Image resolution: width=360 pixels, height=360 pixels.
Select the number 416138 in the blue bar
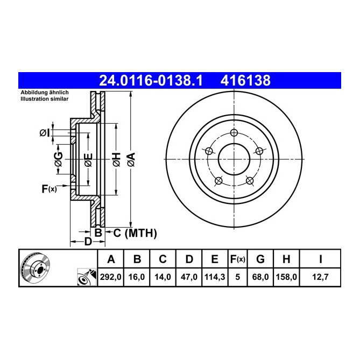[x=245, y=81]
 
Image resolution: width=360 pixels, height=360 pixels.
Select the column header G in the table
[x=260, y=259]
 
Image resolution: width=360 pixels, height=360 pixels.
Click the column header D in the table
[x=189, y=259]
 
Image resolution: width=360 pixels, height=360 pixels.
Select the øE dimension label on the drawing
[x=88, y=159]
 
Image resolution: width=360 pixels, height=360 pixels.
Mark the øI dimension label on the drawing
[x=45, y=132]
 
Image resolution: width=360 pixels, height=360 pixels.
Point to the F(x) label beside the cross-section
[x=49, y=189]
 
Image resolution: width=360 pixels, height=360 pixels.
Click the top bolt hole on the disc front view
[x=234, y=133]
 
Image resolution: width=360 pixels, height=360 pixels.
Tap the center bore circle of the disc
[x=234, y=159]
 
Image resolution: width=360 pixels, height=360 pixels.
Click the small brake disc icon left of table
[x=38, y=269]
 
